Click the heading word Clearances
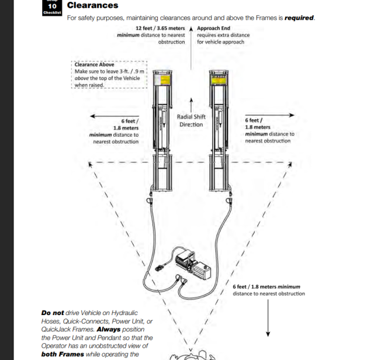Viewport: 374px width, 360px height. point(92,5)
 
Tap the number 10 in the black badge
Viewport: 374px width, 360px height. point(52,6)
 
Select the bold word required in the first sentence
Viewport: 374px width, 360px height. point(299,18)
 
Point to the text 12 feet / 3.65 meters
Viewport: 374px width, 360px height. point(160,28)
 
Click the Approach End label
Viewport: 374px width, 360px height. point(213,28)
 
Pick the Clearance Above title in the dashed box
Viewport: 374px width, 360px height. point(94,64)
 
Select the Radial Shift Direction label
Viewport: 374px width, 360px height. point(191,120)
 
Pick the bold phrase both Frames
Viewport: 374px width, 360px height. point(59,354)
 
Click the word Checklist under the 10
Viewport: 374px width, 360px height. point(52,13)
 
